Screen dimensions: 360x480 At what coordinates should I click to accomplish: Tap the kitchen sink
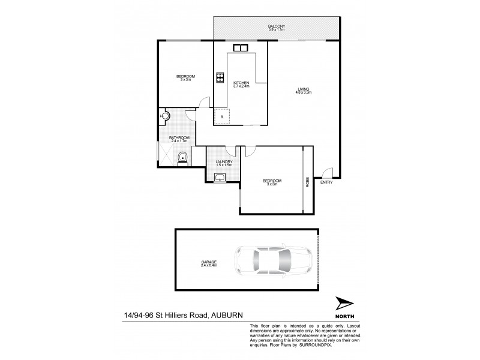coord(241,48)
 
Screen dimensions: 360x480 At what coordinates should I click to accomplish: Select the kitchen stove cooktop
coord(220,77)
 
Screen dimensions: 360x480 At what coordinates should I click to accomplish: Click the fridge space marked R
coord(223,116)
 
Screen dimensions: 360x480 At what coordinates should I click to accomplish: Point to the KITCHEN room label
coord(241,83)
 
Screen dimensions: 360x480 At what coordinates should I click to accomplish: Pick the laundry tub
coord(218,176)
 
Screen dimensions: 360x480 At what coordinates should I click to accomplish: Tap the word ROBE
coord(308,180)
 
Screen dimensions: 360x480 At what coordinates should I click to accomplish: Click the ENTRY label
coord(326,182)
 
